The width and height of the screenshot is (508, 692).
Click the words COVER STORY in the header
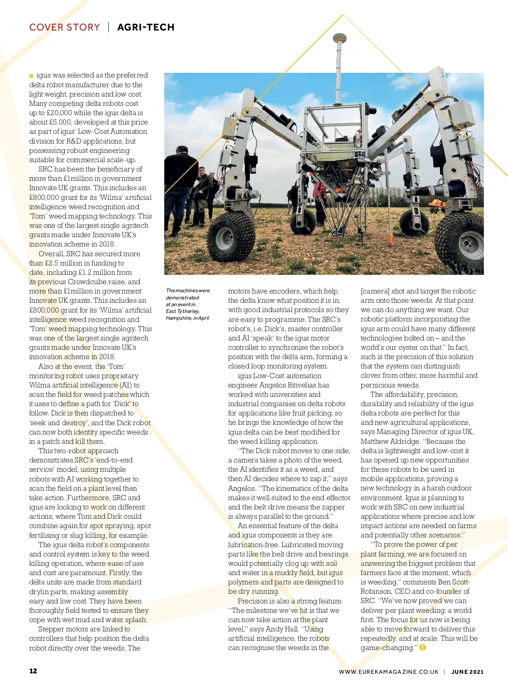pos(64,27)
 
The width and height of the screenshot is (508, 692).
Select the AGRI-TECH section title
pos(146,27)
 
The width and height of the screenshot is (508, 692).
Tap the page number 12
pos(33,671)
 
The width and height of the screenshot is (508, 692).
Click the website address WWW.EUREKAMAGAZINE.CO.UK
pos(389,672)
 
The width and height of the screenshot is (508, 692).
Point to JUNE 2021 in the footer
pos(467,672)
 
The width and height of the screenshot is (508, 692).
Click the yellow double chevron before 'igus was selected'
pos(31,76)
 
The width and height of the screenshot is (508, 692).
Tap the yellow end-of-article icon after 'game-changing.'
pos(422,648)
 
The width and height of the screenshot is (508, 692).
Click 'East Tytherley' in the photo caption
pos(182,311)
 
